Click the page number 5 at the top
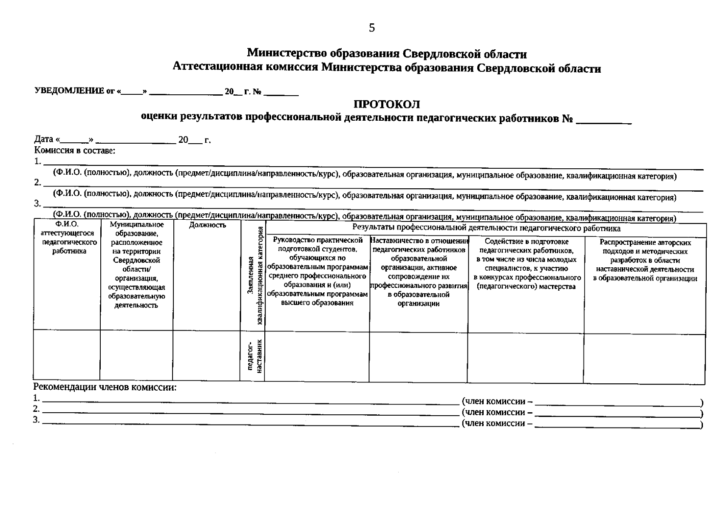tap(372, 28)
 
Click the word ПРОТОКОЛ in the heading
tap(387, 105)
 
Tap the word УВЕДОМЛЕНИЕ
tap(69, 91)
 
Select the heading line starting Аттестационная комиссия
tap(387, 68)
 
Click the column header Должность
tap(207, 225)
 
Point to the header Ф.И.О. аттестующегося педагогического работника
tap(67, 238)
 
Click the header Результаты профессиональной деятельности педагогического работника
tap(486, 229)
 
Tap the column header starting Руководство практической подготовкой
tap(317, 271)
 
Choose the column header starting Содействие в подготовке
tap(527, 264)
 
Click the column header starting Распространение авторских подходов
tap(645, 260)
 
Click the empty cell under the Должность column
tap(207, 356)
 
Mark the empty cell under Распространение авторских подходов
tap(644, 358)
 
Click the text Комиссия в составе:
tap(75, 150)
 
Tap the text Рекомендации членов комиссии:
tap(105, 387)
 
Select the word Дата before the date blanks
tap(44, 139)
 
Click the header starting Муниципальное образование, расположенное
tap(136, 264)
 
